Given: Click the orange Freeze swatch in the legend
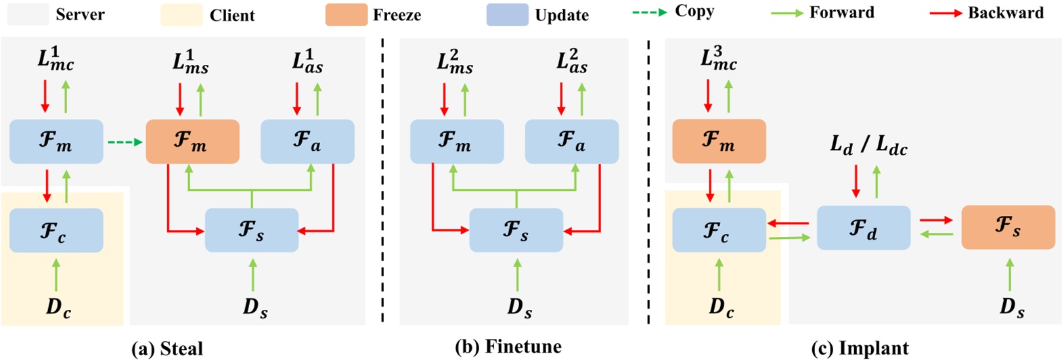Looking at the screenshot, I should tap(346, 14).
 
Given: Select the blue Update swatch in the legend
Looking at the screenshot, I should tap(507, 14).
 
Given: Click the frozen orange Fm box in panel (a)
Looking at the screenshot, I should tap(192, 141).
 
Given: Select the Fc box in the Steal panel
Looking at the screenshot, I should tap(56, 230).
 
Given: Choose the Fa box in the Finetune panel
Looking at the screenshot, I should tap(571, 141).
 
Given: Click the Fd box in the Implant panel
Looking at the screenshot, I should tap(863, 227).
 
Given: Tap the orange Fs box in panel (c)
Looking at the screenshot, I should tap(1008, 227).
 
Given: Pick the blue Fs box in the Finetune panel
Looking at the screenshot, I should tap(516, 230).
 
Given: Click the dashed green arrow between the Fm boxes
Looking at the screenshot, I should tap(125, 142).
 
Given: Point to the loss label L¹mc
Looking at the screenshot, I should tap(56, 60).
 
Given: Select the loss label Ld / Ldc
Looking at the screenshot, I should tap(868, 144).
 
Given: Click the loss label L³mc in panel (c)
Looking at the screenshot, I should tap(718, 60).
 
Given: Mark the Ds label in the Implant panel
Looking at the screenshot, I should tap(1011, 307).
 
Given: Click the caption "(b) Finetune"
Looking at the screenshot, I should tap(508, 347).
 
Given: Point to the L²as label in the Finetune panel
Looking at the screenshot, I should tap(571, 62).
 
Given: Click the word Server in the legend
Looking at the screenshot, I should tap(80, 14).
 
